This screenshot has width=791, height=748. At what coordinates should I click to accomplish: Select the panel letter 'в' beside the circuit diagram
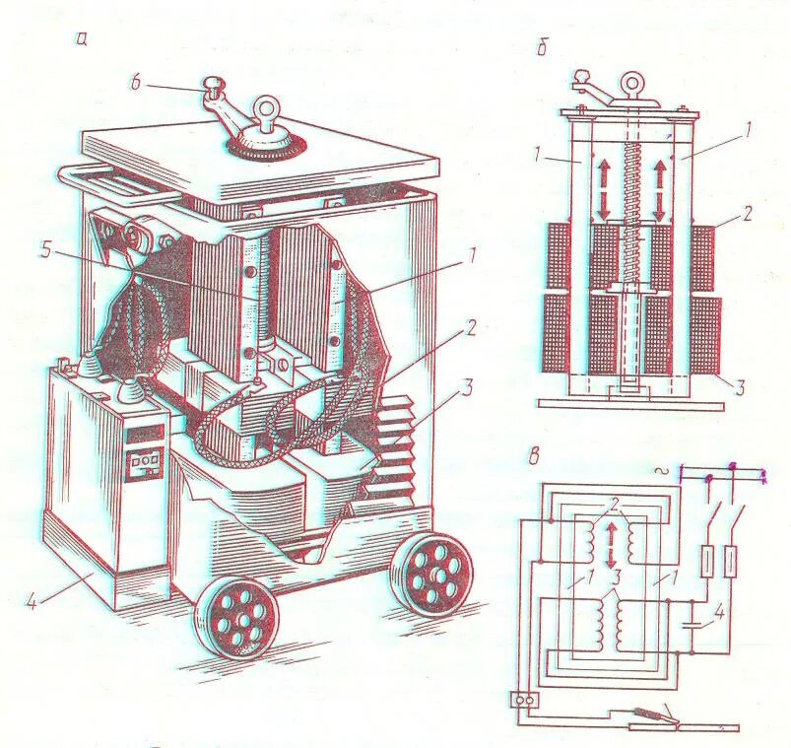[534, 454]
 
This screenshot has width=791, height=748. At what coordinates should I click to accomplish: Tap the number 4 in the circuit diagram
[719, 612]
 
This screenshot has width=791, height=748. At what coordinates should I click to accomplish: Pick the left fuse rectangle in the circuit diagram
[705, 563]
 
